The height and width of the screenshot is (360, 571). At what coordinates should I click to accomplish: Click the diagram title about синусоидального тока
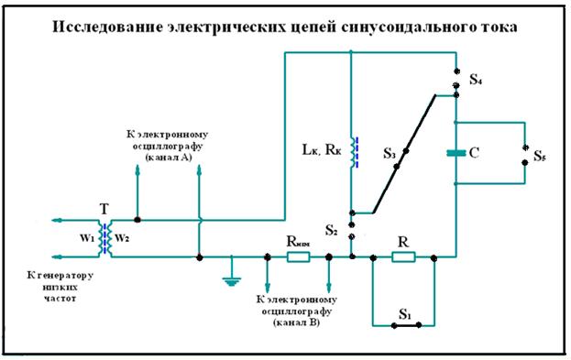point(285,27)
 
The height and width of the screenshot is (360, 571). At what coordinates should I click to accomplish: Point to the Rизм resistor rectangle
point(299,257)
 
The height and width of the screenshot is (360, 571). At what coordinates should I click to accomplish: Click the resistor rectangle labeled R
point(402,257)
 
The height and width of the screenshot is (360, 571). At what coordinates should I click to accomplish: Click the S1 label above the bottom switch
point(404,312)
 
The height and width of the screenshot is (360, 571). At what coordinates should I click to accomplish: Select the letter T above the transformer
point(104,209)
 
